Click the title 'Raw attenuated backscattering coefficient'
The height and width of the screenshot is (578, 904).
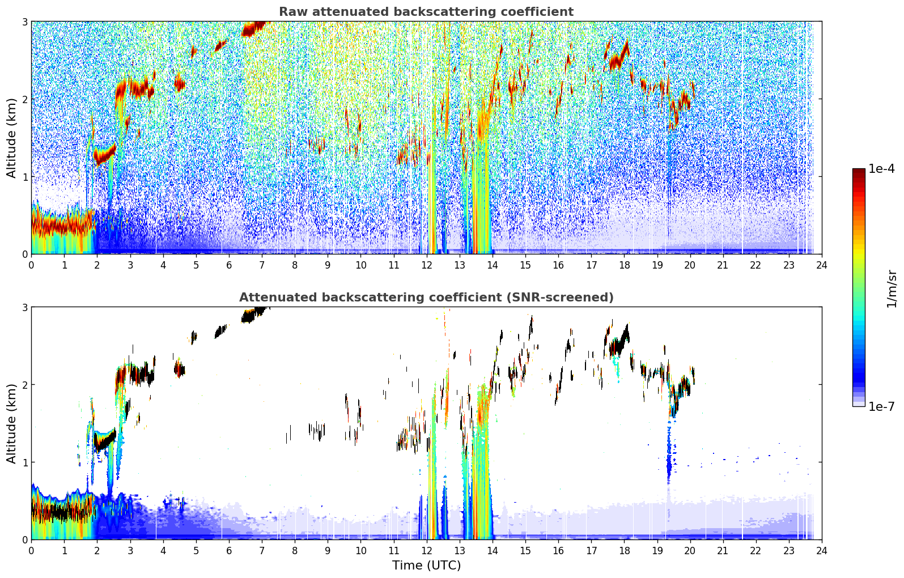coord(426,12)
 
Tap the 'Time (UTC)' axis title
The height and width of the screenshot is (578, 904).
coord(426,566)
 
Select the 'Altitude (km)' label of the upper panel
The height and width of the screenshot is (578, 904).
coord(11,138)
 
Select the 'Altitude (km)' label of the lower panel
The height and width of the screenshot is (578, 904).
coord(11,424)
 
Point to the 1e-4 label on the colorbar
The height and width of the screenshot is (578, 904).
coord(881,168)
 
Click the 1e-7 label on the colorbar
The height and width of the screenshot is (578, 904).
coord(881,406)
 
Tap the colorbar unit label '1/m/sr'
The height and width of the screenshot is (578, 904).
coord(892,289)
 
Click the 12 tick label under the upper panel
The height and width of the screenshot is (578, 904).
coord(427,265)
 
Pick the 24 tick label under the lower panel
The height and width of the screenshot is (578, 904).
coord(822,551)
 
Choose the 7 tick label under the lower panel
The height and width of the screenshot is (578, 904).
coord(262,551)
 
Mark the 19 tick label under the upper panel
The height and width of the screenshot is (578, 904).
coord(657,265)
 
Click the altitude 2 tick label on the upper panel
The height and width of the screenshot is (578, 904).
coord(24,99)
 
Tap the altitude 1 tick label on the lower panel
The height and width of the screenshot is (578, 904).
coord(24,462)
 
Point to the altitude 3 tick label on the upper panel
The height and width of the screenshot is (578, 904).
coord(24,22)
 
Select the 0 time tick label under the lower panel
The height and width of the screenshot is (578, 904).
coord(32,551)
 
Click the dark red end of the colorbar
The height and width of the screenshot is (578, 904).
coord(859,171)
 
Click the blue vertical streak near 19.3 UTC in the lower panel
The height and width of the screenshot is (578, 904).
coord(669,452)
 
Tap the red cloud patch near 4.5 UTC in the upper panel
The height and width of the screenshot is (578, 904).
coord(179,83)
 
